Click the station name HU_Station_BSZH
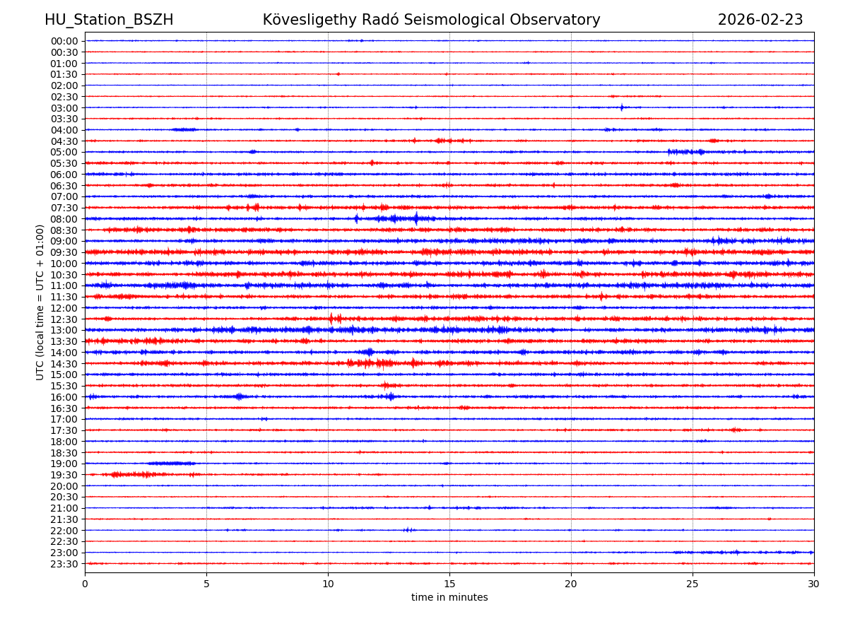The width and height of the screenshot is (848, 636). [x=109, y=20]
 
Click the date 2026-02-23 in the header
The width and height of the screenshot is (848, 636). [x=760, y=20]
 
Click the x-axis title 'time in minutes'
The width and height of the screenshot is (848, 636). [x=449, y=598]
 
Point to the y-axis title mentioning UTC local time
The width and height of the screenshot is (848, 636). [x=40, y=302]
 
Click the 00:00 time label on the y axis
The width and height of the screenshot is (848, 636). [x=64, y=41]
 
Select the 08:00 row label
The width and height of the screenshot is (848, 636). [x=64, y=219]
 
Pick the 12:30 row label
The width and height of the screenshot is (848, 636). [x=64, y=319]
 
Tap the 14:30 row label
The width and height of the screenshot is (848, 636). [x=64, y=364]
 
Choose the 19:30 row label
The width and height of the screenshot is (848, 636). [x=64, y=475]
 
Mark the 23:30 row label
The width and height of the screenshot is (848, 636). [x=64, y=564]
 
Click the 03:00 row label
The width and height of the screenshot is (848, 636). [x=64, y=107]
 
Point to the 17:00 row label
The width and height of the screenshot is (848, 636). [x=64, y=419]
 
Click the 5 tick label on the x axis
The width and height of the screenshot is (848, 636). [x=206, y=584]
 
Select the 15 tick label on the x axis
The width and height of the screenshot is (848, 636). [x=449, y=584]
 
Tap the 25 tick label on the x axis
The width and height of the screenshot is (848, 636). [x=693, y=584]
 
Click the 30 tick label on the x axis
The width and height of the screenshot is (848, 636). [x=814, y=584]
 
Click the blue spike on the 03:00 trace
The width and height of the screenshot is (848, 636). [x=622, y=107]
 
